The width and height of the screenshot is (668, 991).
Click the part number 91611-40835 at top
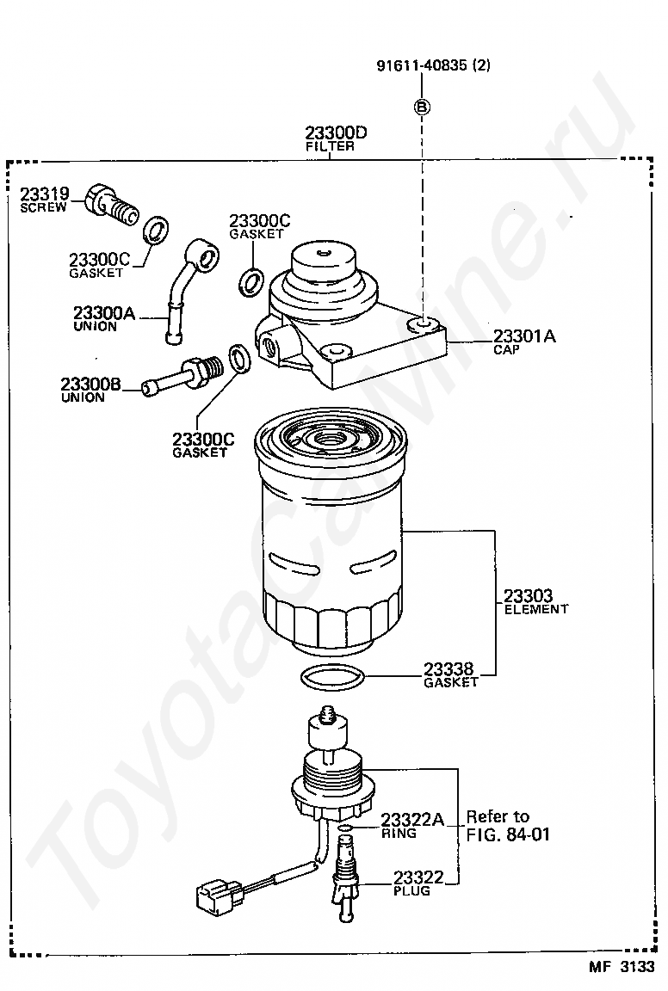coord(433,65)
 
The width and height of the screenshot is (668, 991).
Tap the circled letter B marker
coord(422,108)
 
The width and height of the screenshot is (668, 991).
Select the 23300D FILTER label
coord(334,138)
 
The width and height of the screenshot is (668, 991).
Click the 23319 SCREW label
coord(44,200)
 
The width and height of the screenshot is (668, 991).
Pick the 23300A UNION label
coord(104,318)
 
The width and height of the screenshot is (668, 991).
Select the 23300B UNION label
coord(90,389)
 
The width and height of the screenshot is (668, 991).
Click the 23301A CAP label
coord(523,342)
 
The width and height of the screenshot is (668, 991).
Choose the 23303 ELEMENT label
coord(536,601)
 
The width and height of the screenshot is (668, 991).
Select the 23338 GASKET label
coord(450,674)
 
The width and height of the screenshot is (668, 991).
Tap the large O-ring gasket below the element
coord(332,677)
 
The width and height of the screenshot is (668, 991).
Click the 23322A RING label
coord(411,825)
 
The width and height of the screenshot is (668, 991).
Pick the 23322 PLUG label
coord(418,883)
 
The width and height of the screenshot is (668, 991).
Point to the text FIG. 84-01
coord(508,834)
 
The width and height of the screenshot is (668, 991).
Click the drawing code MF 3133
coord(622,967)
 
